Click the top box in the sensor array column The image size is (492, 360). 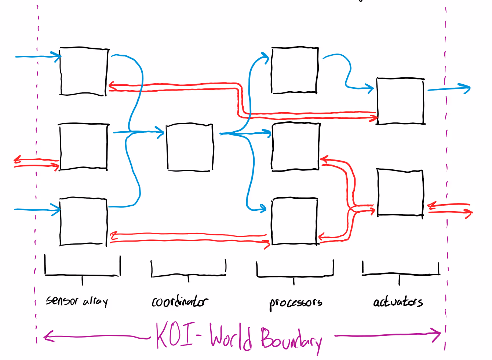click(x=84, y=71)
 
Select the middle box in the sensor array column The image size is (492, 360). click(x=83, y=147)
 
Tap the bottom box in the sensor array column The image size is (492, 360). click(x=83, y=222)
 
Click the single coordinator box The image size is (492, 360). click(x=190, y=147)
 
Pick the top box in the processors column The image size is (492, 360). click(x=295, y=70)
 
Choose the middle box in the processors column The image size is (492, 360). click(x=295, y=147)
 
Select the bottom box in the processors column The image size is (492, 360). click(x=294, y=221)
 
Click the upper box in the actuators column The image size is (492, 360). click(x=400, y=101)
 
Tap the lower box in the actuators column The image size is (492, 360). click(x=400, y=192)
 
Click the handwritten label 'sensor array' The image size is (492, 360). click(x=77, y=301)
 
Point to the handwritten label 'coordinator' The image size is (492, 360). click(x=180, y=302)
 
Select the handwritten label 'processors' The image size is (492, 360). click(x=296, y=303)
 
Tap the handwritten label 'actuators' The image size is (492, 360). click(x=398, y=302)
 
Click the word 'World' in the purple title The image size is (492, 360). click(x=231, y=337)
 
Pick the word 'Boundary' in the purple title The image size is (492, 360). click(x=292, y=339)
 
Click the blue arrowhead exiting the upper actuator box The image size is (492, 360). click(x=466, y=88)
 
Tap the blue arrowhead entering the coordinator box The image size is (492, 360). click(x=160, y=132)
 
